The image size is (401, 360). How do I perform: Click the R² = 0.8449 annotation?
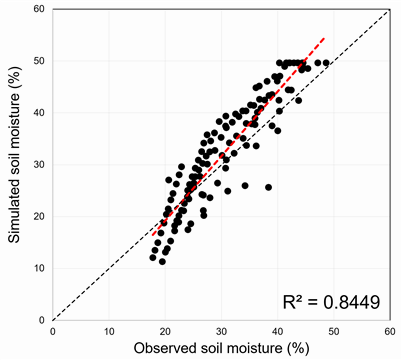pos(331,302)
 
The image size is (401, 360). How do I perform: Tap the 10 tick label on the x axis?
pos(109,331)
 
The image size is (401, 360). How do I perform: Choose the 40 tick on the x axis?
pos(278,331)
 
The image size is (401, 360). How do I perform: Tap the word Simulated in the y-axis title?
pos(14,210)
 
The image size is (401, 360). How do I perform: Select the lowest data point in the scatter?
pos(162,262)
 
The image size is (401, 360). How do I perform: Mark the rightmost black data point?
pos(326,63)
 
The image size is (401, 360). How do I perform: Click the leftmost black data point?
pos(153,258)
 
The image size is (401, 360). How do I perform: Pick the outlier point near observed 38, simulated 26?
pos(268,187)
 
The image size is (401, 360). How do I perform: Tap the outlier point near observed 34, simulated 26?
pos(245,186)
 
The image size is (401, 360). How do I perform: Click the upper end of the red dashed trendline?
pos(324,38)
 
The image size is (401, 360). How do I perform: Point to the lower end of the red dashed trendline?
pos(152,236)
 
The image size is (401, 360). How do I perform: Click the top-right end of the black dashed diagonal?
pos(389,10)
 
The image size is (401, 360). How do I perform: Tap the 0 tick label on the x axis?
pos(53,331)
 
